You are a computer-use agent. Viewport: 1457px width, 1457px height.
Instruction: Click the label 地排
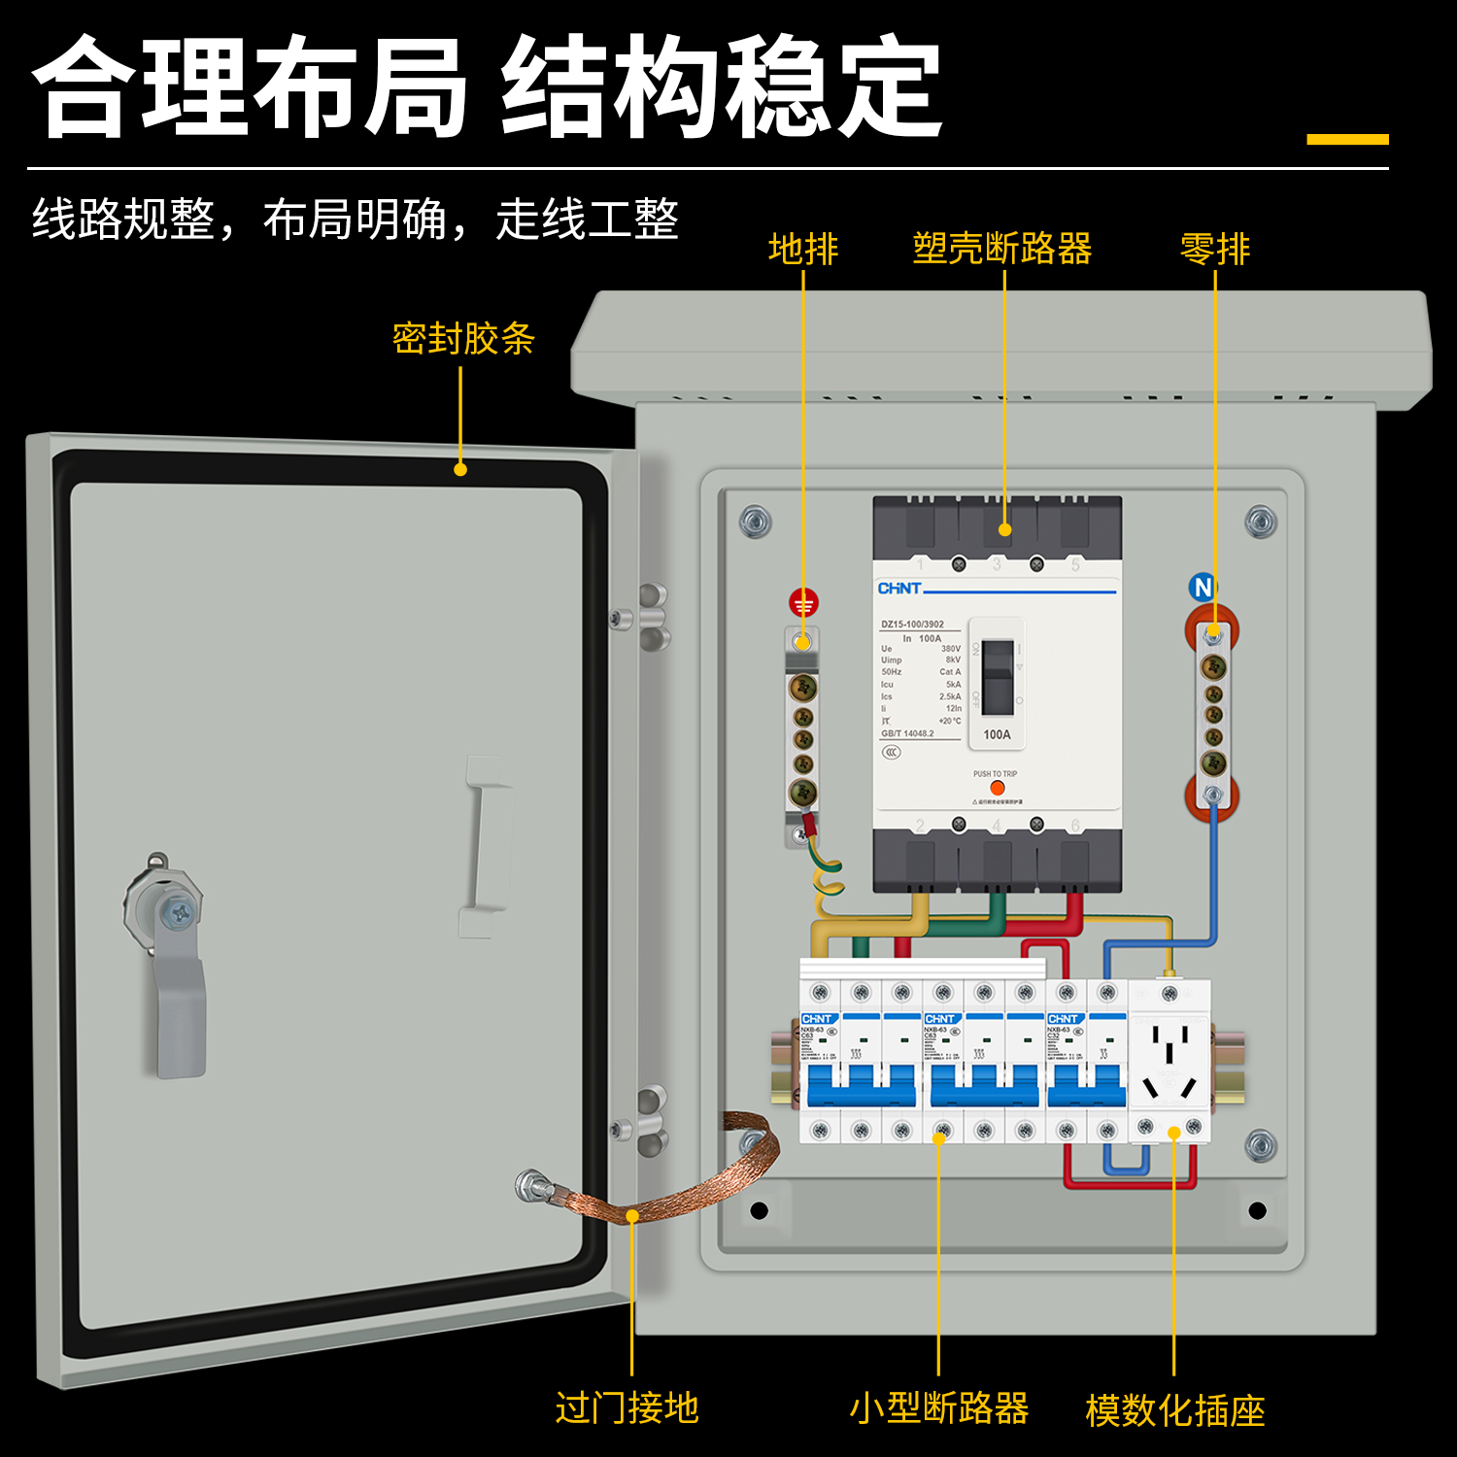coord(802,249)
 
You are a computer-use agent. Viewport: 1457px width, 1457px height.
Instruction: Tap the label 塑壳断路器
coord(1001,249)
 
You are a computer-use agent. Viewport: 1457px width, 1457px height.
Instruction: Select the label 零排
coord(1214,249)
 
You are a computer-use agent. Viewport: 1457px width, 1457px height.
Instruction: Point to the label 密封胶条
coord(463,338)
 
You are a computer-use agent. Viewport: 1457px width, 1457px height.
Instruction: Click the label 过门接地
coord(627,1407)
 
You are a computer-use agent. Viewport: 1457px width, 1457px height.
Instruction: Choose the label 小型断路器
coord(938,1407)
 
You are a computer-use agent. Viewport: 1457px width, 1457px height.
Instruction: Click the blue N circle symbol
coord(1203,587)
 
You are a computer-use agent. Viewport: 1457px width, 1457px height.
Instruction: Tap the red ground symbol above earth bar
coord(803,603)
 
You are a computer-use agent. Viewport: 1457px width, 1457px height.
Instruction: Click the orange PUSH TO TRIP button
coord(997,788)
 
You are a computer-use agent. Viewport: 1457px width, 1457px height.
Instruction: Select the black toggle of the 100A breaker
coord(997,676)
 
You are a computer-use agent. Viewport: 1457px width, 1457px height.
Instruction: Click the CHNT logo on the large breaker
coord(898,588)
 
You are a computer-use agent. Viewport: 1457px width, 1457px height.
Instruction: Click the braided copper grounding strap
coord(680,1180)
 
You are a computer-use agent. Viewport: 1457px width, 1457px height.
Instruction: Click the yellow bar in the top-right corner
coord(1347,139)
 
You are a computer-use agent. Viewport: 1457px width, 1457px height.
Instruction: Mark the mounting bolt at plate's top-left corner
coord(755,522)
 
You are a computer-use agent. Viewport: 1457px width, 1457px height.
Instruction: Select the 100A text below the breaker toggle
coord(997,734)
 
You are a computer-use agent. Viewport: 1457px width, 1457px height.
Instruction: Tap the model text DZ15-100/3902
coord(912,625)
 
